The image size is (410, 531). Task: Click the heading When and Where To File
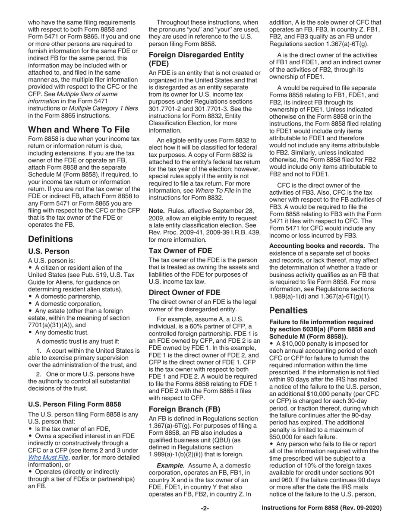[79, 129]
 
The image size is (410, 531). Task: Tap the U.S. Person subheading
[49, 251]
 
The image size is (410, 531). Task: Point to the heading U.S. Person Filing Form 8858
[75, 404]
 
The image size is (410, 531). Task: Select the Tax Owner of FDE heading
[180, 250]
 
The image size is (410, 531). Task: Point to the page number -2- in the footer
[205, 509]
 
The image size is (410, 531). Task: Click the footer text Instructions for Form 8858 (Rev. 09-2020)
[322, 509]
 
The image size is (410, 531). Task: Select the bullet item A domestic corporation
[68, 303]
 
